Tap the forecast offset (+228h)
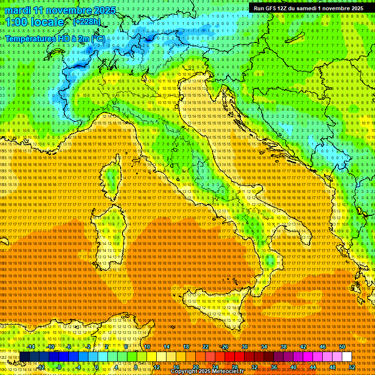click(86, 21)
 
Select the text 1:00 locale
click(35, 22)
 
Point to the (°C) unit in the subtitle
click(98, 38)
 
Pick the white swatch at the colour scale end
click(347, 357)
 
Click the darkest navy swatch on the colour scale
click(24, 357)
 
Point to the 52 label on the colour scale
click(352, 367)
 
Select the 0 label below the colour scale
click(97, 367)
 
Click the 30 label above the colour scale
click(244, 347)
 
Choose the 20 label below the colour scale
click(195, 367)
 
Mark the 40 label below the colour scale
click(293, 367)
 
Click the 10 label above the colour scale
click(146, 347)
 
